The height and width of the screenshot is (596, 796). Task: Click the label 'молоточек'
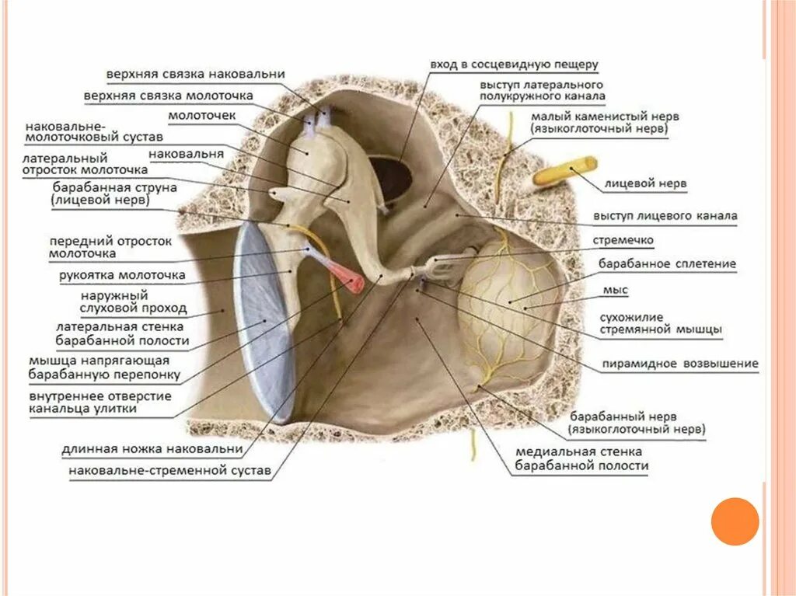[203, 115]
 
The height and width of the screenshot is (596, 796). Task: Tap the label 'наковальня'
[186, 153]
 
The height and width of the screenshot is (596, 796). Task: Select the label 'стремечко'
[623, 240]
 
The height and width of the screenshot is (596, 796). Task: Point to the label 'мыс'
[615, 290]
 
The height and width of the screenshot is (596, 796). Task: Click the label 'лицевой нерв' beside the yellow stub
[645, 184]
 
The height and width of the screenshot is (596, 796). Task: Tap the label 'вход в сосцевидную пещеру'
[514, 65]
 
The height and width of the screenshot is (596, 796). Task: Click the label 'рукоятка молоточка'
[121, 275]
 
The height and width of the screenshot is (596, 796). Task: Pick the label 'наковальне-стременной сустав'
[169, 471]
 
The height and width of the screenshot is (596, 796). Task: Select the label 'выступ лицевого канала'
[665, 215]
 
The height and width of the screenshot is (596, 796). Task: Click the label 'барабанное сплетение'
[667, 264]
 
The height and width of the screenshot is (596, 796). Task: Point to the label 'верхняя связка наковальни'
[195, 74]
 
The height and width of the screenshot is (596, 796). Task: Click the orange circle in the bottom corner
[735, 521]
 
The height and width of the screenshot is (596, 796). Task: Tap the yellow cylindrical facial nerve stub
[565, 171]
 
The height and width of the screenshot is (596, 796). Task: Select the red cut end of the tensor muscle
[351, 281]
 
